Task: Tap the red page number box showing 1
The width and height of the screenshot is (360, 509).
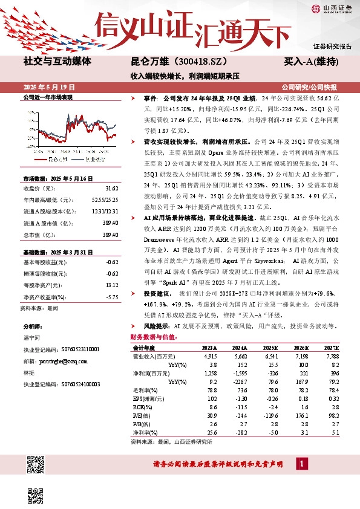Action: click(x=301, y=464)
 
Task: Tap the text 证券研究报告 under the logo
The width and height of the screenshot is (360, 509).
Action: click(x=332, y=46)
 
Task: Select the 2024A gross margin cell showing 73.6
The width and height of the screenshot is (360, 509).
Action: click(x=241, y=391)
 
